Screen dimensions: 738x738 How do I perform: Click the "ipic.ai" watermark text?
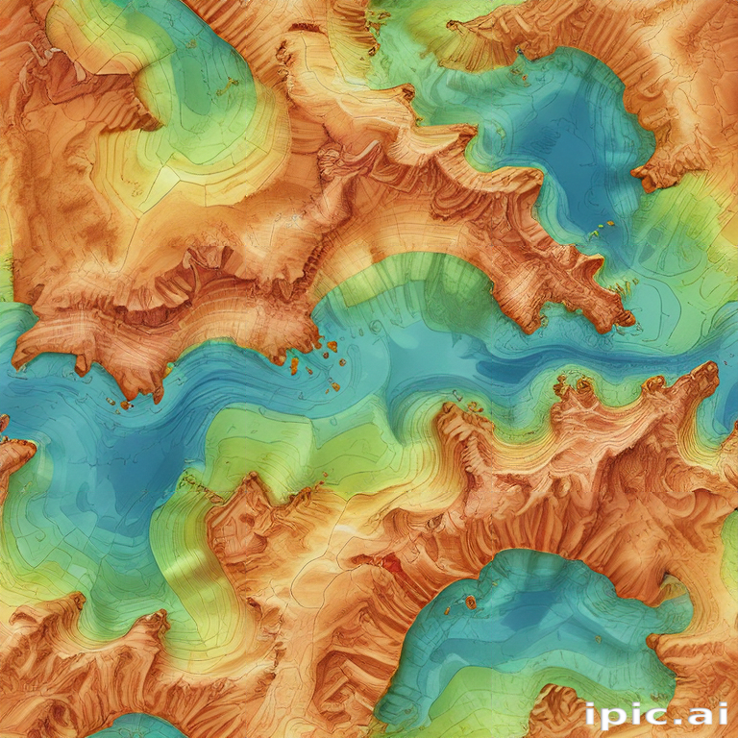pos(655,714)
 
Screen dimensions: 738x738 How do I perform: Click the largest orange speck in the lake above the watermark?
pos(471,603)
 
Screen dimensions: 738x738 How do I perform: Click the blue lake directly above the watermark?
pos(538,625)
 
